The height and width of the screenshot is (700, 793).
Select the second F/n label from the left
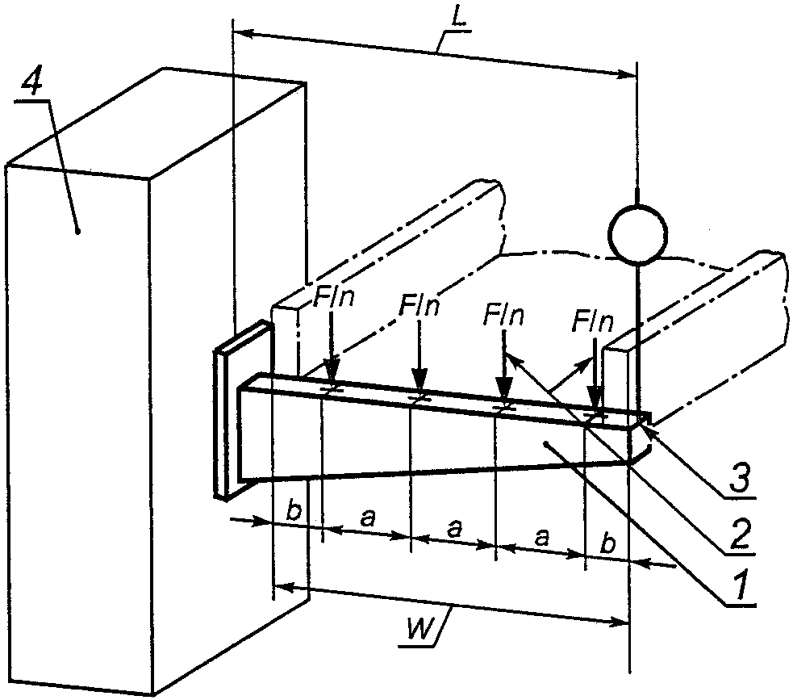[419, 306]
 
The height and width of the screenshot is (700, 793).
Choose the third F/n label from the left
[503, 313]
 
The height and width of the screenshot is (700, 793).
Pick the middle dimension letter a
[455, 529]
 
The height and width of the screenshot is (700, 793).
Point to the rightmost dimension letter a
[543, 536]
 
